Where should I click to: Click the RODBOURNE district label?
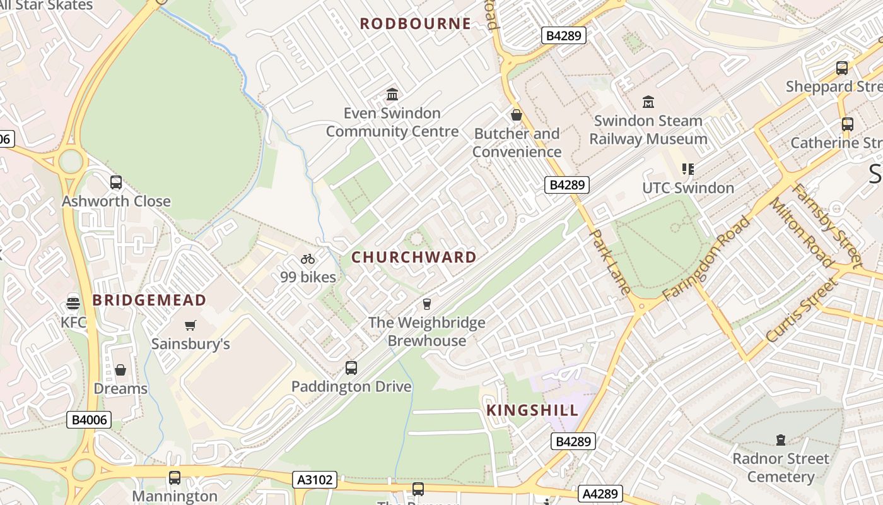[x=415, y=24]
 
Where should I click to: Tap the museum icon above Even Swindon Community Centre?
[x=392, y=95]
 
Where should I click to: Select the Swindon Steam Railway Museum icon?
[x=648, y=102]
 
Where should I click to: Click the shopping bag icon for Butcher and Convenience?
[x=517, y=115]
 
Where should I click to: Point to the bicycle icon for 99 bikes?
[x=308, y=258]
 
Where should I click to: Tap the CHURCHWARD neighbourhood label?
[x=414, y=257]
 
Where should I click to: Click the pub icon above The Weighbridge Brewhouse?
[x=427, y=304]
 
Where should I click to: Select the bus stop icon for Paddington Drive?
[x=351, y=367]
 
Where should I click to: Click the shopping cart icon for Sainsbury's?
[x=190, y=325]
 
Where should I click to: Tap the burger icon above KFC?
[x=73, y=302]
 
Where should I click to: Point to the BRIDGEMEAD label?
[x=149, y=300]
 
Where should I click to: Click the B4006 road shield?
[x=89, y=420]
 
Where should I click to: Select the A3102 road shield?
[x=315, y=480]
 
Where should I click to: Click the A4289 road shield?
[x=600, y=493]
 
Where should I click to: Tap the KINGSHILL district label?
[x=532, y=410]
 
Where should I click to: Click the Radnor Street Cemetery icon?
[x=781, y=439]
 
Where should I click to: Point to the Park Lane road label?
[x=609, y=261]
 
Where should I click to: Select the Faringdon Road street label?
[x=707, y=258]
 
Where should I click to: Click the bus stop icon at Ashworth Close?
[x=116, y=182]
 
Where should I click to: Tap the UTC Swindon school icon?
[x=687, y=169]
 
